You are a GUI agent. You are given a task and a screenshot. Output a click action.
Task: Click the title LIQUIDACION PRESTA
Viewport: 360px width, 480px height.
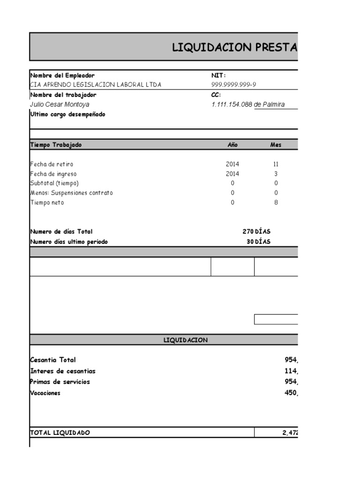pos(234,47)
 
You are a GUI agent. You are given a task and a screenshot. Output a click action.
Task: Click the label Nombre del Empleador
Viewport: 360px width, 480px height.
pos(62,75)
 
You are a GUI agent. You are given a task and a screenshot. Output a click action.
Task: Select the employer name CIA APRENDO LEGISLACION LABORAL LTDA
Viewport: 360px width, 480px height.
pos(95,84)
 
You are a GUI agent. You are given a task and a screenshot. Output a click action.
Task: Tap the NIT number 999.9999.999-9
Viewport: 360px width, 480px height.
pos(234,84)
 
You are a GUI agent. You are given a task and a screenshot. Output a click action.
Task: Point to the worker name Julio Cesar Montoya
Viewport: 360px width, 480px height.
pos(60,105)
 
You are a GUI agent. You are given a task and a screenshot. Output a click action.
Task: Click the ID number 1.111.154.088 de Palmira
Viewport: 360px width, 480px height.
pos(248,105)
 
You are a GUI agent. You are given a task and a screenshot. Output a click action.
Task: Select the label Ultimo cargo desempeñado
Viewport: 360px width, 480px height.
pos(67,114)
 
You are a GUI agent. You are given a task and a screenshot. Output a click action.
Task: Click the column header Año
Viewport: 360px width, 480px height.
pos(232,145)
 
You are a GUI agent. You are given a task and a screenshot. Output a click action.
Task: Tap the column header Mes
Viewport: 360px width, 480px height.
pos(276,145)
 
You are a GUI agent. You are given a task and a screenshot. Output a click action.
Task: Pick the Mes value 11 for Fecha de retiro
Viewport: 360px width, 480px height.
pos(276,164)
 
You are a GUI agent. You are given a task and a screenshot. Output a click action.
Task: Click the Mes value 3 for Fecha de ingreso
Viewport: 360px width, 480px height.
pos(276,173)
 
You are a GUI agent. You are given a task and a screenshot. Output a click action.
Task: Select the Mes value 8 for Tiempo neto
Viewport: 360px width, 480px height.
pos(276,202)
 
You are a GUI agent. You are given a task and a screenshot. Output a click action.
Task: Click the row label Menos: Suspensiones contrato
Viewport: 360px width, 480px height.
pos(71,193)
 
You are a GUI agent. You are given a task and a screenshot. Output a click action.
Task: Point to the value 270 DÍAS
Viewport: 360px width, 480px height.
pos(256,232)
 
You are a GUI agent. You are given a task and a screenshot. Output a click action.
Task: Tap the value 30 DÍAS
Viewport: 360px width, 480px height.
pos(258,242)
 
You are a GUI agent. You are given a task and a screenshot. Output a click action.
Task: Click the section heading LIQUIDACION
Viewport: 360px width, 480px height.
pos(186,340)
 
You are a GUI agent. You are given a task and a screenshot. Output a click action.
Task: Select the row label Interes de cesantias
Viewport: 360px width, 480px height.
pos(62,371)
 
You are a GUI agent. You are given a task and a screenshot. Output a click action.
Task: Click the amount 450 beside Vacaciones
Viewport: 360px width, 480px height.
pos(291,393)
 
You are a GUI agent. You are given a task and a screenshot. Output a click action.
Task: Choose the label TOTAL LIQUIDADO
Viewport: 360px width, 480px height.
pos(60,433)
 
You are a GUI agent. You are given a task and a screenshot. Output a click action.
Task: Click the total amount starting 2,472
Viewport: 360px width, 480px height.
pos(290,433)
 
